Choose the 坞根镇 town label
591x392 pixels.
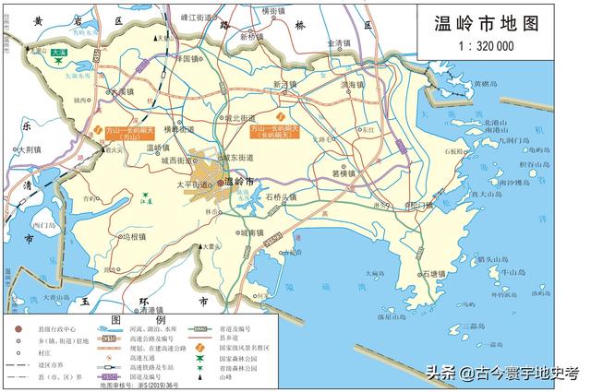(x=136, y=236)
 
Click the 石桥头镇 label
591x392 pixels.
(x=283, y=197)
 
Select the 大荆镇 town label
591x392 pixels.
(x=30, y=148)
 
